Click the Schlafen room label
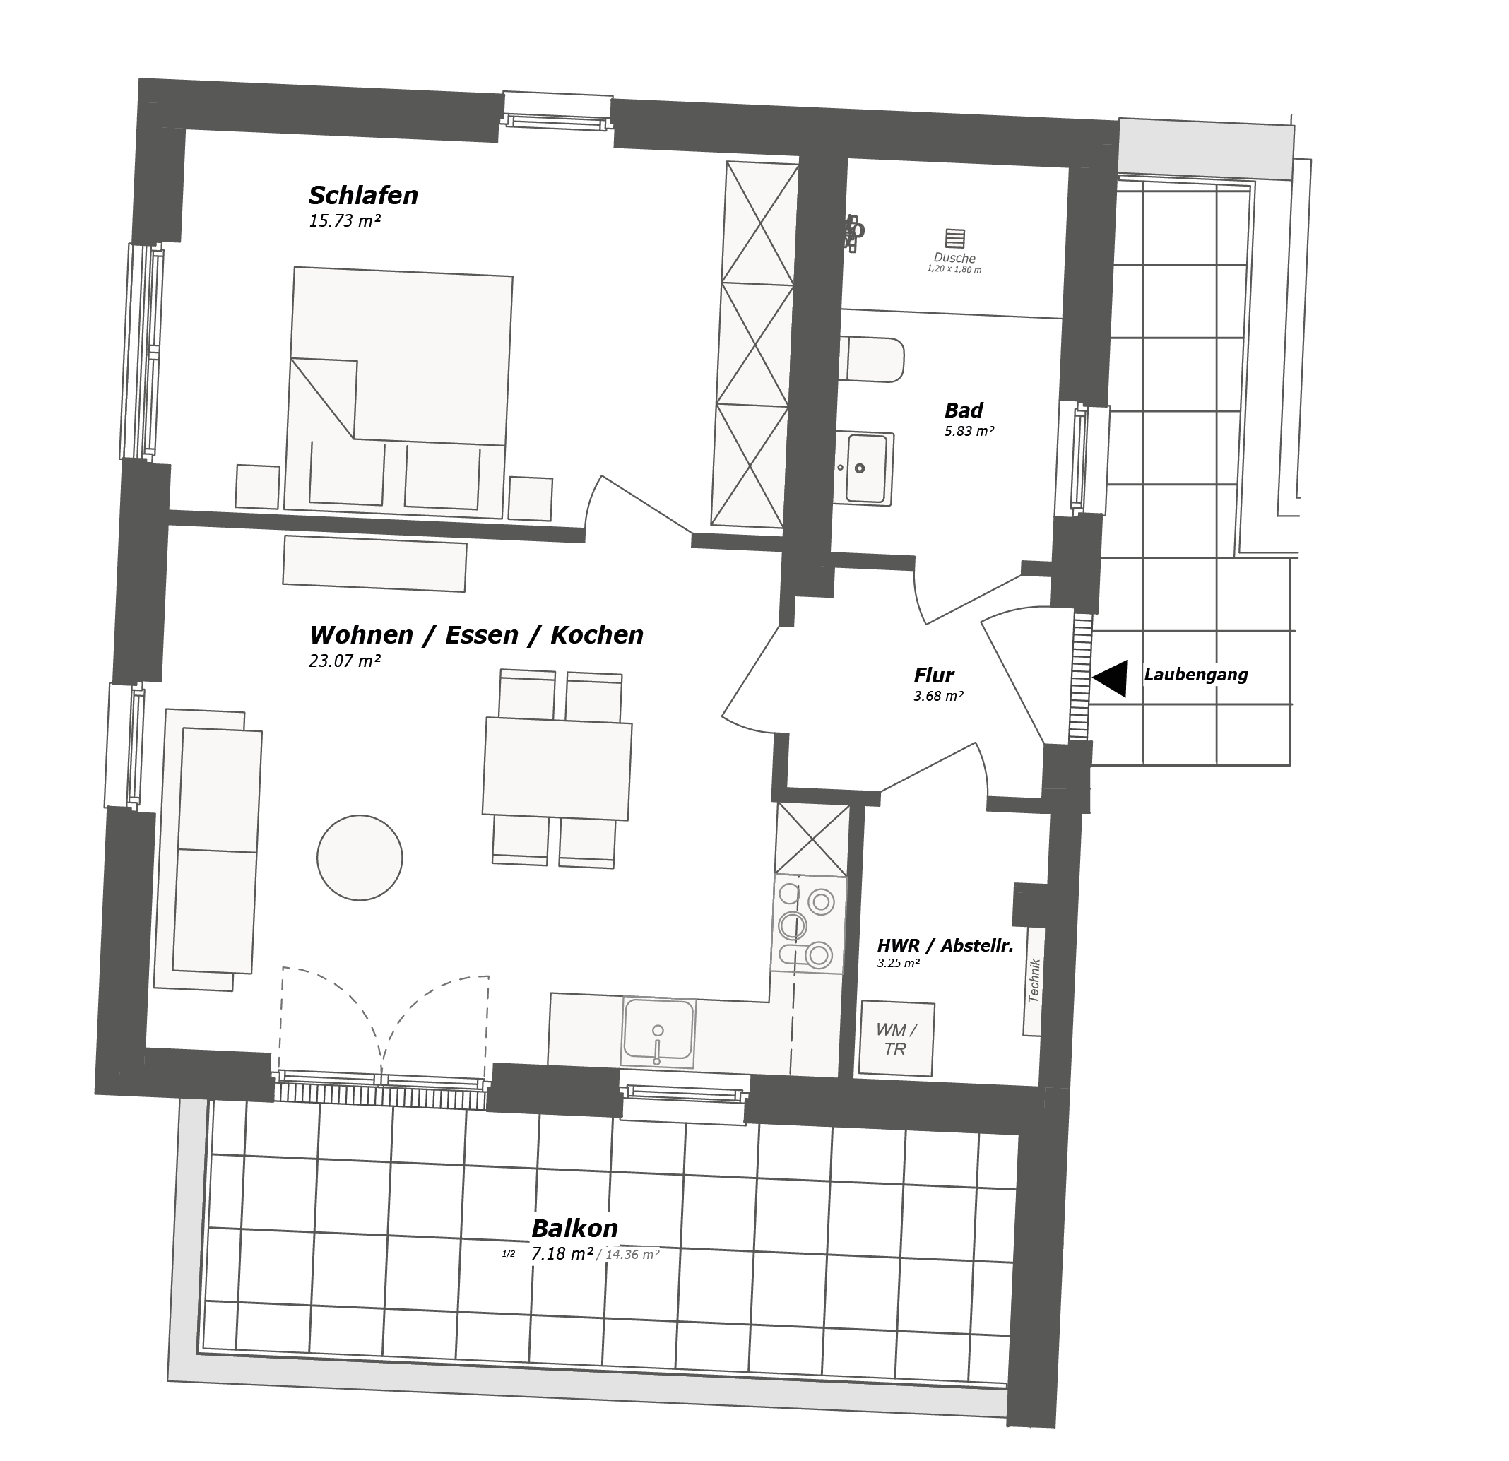(x=363, y=196)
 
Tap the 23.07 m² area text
(x=345, y=661)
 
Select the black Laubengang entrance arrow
(x=1109, y=678)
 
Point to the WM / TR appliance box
(x=896, y=1039)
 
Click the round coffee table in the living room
(x=360, y=858)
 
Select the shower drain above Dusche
(x=954, y=238)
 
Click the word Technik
(x=1035, y=980)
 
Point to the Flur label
(x=934, y=676)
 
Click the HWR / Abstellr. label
(x=945, y=945)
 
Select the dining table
(x=557, y=768)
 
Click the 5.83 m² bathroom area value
(x=969, y=431)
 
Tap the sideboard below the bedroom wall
(x=375, y=564)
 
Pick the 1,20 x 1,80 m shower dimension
(x=954, y=269)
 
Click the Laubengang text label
(x=1195, y=675)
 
